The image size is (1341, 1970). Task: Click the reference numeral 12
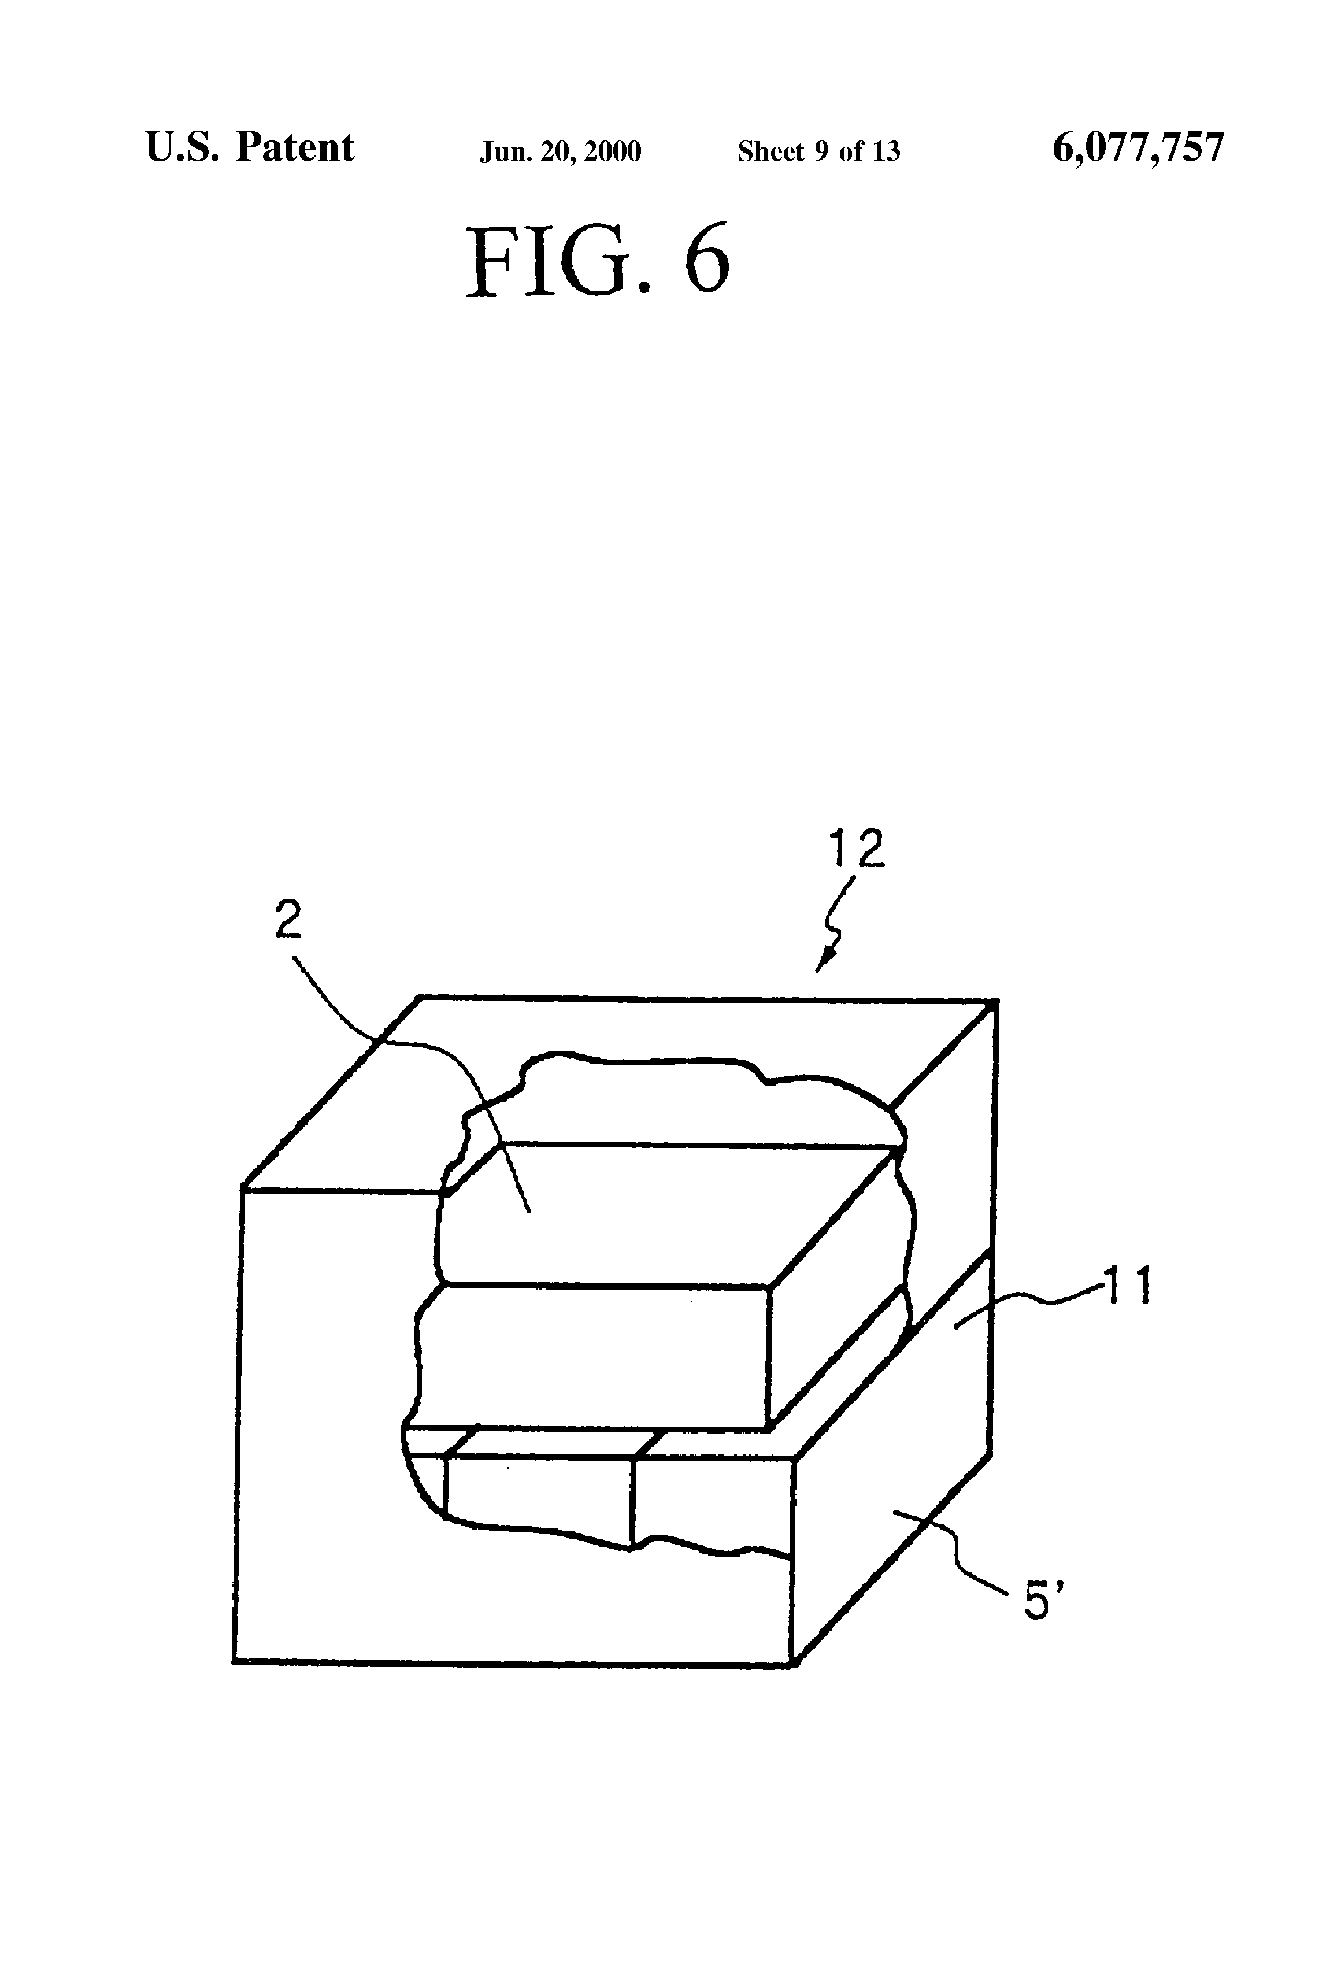coord(857,849)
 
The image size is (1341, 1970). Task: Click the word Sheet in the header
coord(770,151)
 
